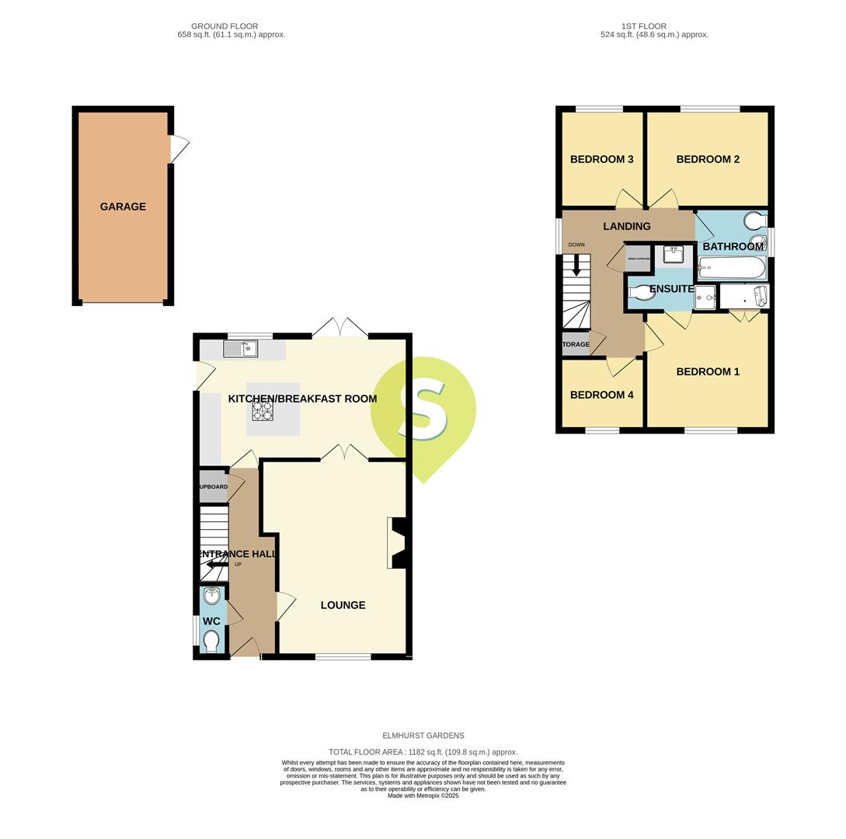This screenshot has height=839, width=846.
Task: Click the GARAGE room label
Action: (x=123, y=207)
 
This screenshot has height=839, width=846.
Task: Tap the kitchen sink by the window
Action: (x=240, y=349)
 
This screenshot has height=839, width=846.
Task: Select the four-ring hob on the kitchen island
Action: (x=263, y=410)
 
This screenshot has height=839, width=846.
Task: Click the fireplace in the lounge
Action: (x=396, y=543)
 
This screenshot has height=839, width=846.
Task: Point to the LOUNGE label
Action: (x=343, y=605)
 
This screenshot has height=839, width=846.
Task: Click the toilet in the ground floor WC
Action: (x=211, y=640)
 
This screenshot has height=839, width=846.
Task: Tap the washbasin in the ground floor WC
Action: (x=211, y=597)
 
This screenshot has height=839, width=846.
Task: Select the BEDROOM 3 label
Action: (x=601, y=159)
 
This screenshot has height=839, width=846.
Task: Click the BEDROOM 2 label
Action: (x=707, y=159)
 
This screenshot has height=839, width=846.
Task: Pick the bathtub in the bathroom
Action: (x=731, y=269)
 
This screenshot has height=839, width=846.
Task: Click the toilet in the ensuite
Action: (x=641, y=293)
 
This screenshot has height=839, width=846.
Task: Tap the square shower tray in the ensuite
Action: (x=705, y=297)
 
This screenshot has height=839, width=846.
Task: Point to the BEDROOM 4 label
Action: (x=601, y=395)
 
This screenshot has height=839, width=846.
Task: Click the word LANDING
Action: (x=626, y=227)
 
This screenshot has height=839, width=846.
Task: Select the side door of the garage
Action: (x=179, y=148)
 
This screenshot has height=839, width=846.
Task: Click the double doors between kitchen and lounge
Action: (x=344, y=452)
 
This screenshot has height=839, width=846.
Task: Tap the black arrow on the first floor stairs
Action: (x=576, y=266)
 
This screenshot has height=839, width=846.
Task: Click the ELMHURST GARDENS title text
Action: (x=423, y=736)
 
